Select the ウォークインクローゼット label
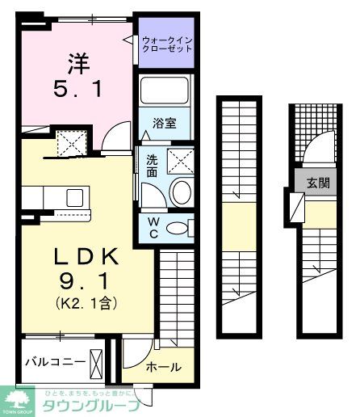pyautogui.click(x=167, y=44)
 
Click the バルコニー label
pyautogui.click(x=54, y=361)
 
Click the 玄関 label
pyautogui.click(x=317, y=183)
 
